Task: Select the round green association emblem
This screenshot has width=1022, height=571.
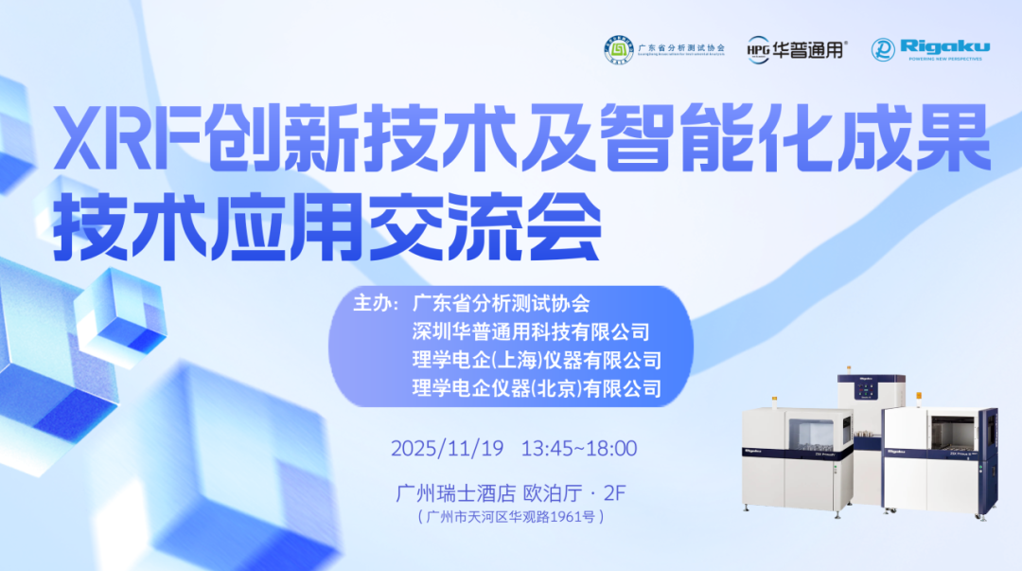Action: point(620,50)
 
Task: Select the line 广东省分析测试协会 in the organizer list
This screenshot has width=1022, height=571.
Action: point(501,304)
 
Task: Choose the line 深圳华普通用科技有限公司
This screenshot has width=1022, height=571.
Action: point(531,332)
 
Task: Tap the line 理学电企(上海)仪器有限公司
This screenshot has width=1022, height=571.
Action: point(536,361)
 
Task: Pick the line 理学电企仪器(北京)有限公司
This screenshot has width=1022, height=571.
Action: point(536,388)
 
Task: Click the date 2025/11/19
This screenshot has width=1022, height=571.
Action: point(448,447)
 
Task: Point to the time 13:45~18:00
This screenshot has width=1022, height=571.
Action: point(578,447)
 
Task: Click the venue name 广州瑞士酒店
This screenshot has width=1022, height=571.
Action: point(455,493)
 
